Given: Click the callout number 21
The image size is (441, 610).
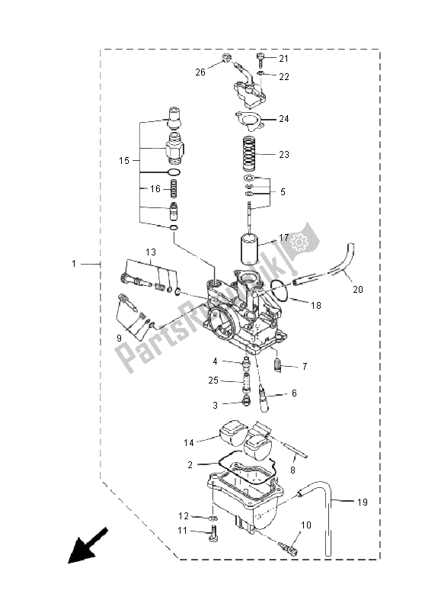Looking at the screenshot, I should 283,59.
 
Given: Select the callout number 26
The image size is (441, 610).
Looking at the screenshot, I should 200,72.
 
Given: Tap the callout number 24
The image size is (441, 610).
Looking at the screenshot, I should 283,119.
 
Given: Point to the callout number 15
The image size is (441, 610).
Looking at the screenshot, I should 125,161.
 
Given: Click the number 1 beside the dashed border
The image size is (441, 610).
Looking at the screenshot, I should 74,264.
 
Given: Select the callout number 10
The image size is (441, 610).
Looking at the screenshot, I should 306,525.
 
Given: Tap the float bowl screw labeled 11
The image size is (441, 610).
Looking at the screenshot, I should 214,532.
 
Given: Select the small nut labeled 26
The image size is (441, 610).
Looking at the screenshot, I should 225,58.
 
